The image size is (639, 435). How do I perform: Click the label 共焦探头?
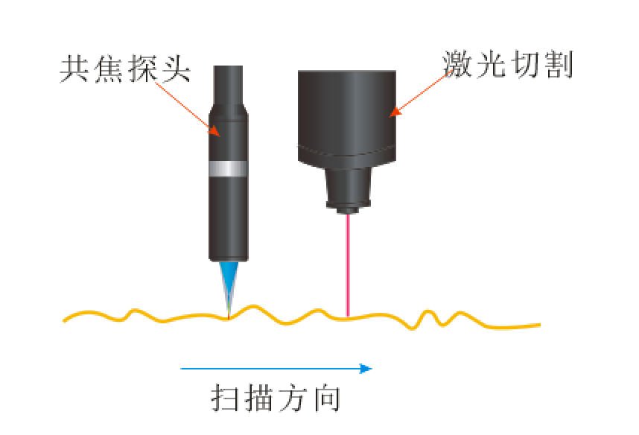click(125, 69)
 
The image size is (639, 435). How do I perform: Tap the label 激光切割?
click(508, 64)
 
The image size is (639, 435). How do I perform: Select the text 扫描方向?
click(276, 398)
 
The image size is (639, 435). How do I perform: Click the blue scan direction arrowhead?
click(366, 369)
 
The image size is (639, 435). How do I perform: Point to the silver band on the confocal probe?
click(228, 168)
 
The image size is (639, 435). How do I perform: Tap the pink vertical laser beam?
click(348, 265)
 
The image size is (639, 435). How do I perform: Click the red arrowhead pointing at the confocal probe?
click(214, 130)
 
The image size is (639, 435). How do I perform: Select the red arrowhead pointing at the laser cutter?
click(395, 112)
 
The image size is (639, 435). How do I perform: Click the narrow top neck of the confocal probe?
click(228, 85)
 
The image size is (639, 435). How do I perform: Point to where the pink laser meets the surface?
click(348, 317)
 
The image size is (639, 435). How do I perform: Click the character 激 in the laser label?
click(457, 64)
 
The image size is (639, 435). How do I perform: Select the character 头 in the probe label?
click(177, 69)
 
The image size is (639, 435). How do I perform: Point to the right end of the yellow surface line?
click(540, 325)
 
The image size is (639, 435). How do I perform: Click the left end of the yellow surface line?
click(63, 321)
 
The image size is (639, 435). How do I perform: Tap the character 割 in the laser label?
click(559, 64)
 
